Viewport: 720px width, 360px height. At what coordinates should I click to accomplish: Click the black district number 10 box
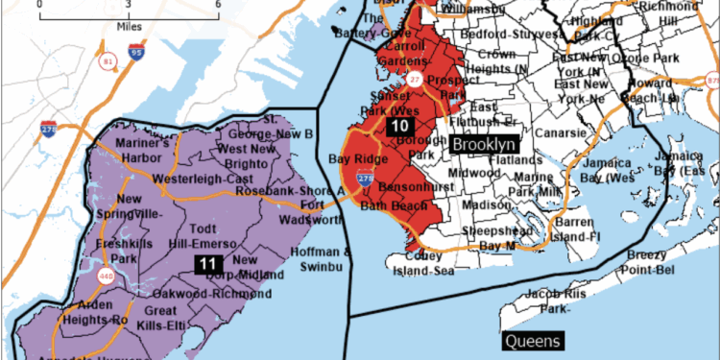pyautogui.click(x=398, y=126)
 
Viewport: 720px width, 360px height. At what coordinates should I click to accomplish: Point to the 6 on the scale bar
pyautogui.click(x=218, y=5)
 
